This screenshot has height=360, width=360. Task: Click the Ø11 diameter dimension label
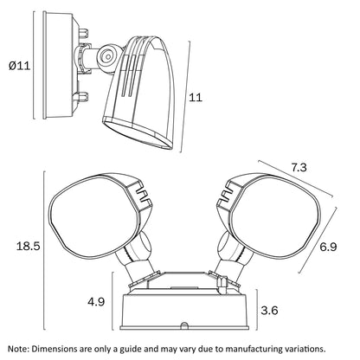tap(20, 66)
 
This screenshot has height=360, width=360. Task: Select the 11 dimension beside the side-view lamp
tap(196, 98)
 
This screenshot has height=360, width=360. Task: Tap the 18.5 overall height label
tap(28, 247)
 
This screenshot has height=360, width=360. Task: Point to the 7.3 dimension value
tap(299, 168)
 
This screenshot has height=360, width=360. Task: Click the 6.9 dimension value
tap(328, 247)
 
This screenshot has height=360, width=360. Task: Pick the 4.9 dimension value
tap(96, 302)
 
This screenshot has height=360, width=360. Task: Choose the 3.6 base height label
tap(269, 311)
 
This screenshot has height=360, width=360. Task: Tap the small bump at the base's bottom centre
tap(184, 325)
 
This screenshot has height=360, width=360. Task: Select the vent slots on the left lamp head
tap(143, 193)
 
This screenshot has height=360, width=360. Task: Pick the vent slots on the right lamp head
tap(227, 193)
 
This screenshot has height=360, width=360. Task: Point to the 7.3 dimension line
tap(296, 179)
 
